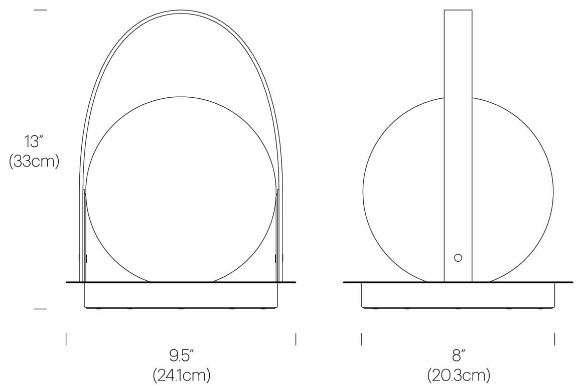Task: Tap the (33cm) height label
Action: (34, 162)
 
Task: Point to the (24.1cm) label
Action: (181, 374)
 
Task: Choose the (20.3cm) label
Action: (458, 374)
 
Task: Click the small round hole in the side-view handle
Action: (458, 258)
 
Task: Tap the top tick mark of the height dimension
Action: (40, 10)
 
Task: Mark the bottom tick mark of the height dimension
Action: (40, 309)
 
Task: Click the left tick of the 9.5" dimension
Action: (66, 339)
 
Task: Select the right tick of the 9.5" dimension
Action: (296, 339)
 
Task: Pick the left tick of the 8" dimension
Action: (362, 339)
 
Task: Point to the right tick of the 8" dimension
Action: (554, 339)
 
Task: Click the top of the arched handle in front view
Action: (181, 11)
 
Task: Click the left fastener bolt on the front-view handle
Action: (80, 258)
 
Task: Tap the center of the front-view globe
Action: (181, 189)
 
